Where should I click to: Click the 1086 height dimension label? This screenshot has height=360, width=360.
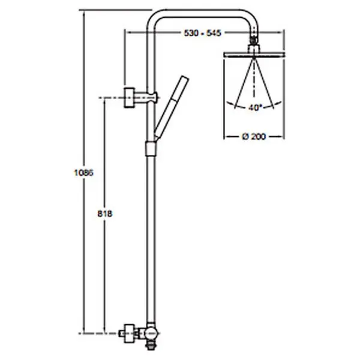tap(84, 173)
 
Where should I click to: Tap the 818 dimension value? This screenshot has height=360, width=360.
tap(105, 214)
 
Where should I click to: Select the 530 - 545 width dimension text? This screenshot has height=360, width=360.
tap(203, 33)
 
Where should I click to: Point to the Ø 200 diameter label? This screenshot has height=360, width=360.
tap(254, 137)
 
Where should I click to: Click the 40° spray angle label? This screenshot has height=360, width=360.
tap(255, 107)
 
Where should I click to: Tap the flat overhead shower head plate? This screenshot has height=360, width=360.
tap(254, 55)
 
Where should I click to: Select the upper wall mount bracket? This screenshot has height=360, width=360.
tap(129, 98)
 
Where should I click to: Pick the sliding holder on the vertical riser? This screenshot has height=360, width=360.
tap(151, 149)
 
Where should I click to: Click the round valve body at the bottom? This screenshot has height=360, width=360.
tap(151, 334)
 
